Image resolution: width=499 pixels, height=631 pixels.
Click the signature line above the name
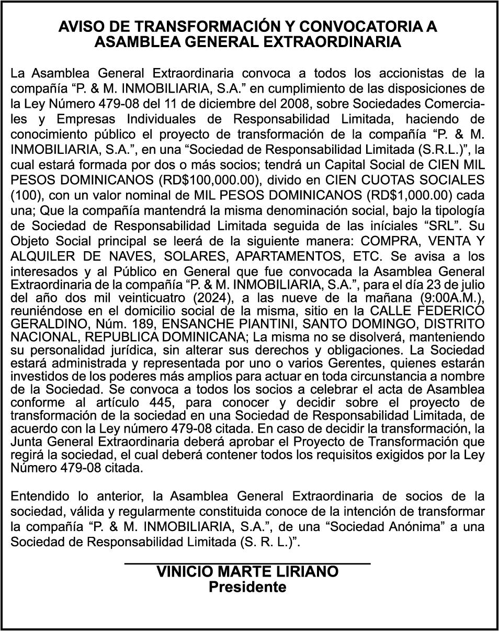(247, 563)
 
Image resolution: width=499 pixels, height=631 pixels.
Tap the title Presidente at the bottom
(247, 587)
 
